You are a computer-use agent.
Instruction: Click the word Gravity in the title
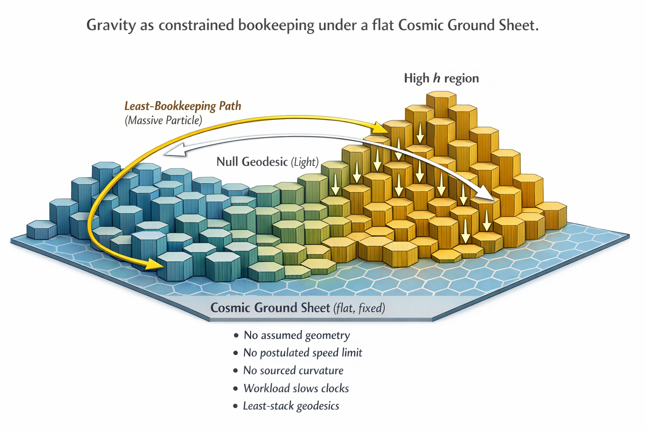tap(111, 25)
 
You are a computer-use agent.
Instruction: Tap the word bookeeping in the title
tap(276, 25)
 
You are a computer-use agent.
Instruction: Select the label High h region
tap(441, 78)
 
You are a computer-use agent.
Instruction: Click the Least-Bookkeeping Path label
tap(183, 106)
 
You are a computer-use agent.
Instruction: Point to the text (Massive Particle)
tap(164, 120)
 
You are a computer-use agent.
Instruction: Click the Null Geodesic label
tap(252, 162)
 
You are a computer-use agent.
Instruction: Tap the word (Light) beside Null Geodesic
tap(305, 162)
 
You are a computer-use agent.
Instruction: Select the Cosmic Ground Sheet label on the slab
tap(270, 308)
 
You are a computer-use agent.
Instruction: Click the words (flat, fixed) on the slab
tap(359, 308)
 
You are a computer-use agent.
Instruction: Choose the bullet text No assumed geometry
tap(297, 335)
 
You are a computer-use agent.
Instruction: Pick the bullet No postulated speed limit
tap(302, 353)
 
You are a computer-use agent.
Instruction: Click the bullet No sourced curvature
tap(293, 370)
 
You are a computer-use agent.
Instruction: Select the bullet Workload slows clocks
tap(296, 388)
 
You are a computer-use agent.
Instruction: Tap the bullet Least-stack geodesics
tap(291, 406)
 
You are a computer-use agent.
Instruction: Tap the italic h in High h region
tap(437, 78)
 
